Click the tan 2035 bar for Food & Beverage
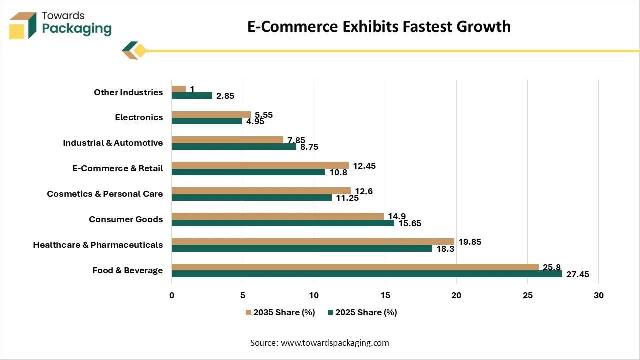tap(355, 267)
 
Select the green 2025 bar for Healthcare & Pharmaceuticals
tap(302, 248)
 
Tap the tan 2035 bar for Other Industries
tap(179, 89)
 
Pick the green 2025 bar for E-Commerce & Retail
tap(248, 172)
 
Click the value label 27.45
tap(577, 274)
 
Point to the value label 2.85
tap(225, 96)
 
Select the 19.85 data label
tap(470, 242)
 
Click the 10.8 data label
tap(338, 172)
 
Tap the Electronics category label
tap(139, 117)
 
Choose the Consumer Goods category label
tap(126, 219)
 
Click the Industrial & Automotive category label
tap(113, 143)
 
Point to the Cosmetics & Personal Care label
tap(105, 194)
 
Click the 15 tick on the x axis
tap(385, 295)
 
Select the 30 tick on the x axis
tap(599, 295)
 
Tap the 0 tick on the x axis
tap(171, 295)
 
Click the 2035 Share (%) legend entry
tap(280, 312)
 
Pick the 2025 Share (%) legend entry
tap(362, 312)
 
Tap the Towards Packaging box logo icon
tap(23, 25)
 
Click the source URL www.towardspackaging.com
tap(335, 343)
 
